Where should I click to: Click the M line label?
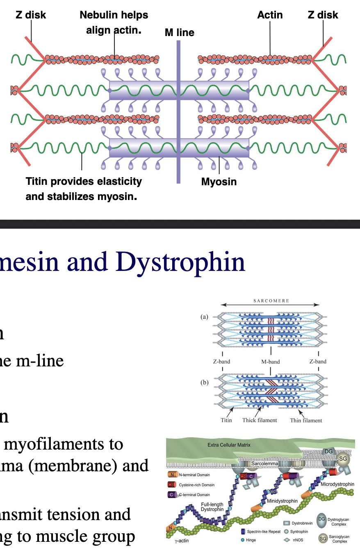[x=179, y=32]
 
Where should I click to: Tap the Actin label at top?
[x=270, y=15]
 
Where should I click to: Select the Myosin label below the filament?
[x=219, y=182]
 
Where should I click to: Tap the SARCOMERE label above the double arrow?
[x=271, y=301]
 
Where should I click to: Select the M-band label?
[x=271, y=362]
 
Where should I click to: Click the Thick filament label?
[x=260, y=420]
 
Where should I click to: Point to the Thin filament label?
[x=306, y=420]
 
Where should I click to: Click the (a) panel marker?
[x=204, y=316]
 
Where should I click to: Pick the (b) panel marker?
[x=204, y=382]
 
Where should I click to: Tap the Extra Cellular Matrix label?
[x=229, y=445]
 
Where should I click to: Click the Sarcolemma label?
[x=264, y=464]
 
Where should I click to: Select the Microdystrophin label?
[x=337, y=484]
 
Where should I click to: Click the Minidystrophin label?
[x=282, y=501]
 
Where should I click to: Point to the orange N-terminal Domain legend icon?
[x=172, y=475]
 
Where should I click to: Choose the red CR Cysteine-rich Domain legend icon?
[x=172, y=485]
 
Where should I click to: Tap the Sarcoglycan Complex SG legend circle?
[x=322, y=538]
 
